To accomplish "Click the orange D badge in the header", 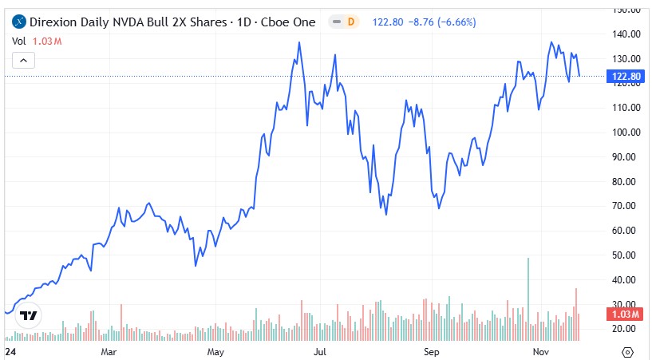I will click(x=350, y=22).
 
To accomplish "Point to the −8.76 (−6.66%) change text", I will click(x=446, y=22).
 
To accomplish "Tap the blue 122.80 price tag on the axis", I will click(x=626, y=77).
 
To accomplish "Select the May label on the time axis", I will click(x=215, y=351).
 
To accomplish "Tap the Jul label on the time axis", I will click(x=320, y=351).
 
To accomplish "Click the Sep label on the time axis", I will click(x=431, y=351).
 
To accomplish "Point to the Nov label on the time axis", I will click(x=539, y=351).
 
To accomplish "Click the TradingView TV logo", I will click(x=29, y=316).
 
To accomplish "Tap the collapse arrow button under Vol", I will click(x=23, y=60).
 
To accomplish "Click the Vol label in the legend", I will click(x=19, y=40).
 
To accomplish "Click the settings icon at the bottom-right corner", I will click(x=627, y=351).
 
